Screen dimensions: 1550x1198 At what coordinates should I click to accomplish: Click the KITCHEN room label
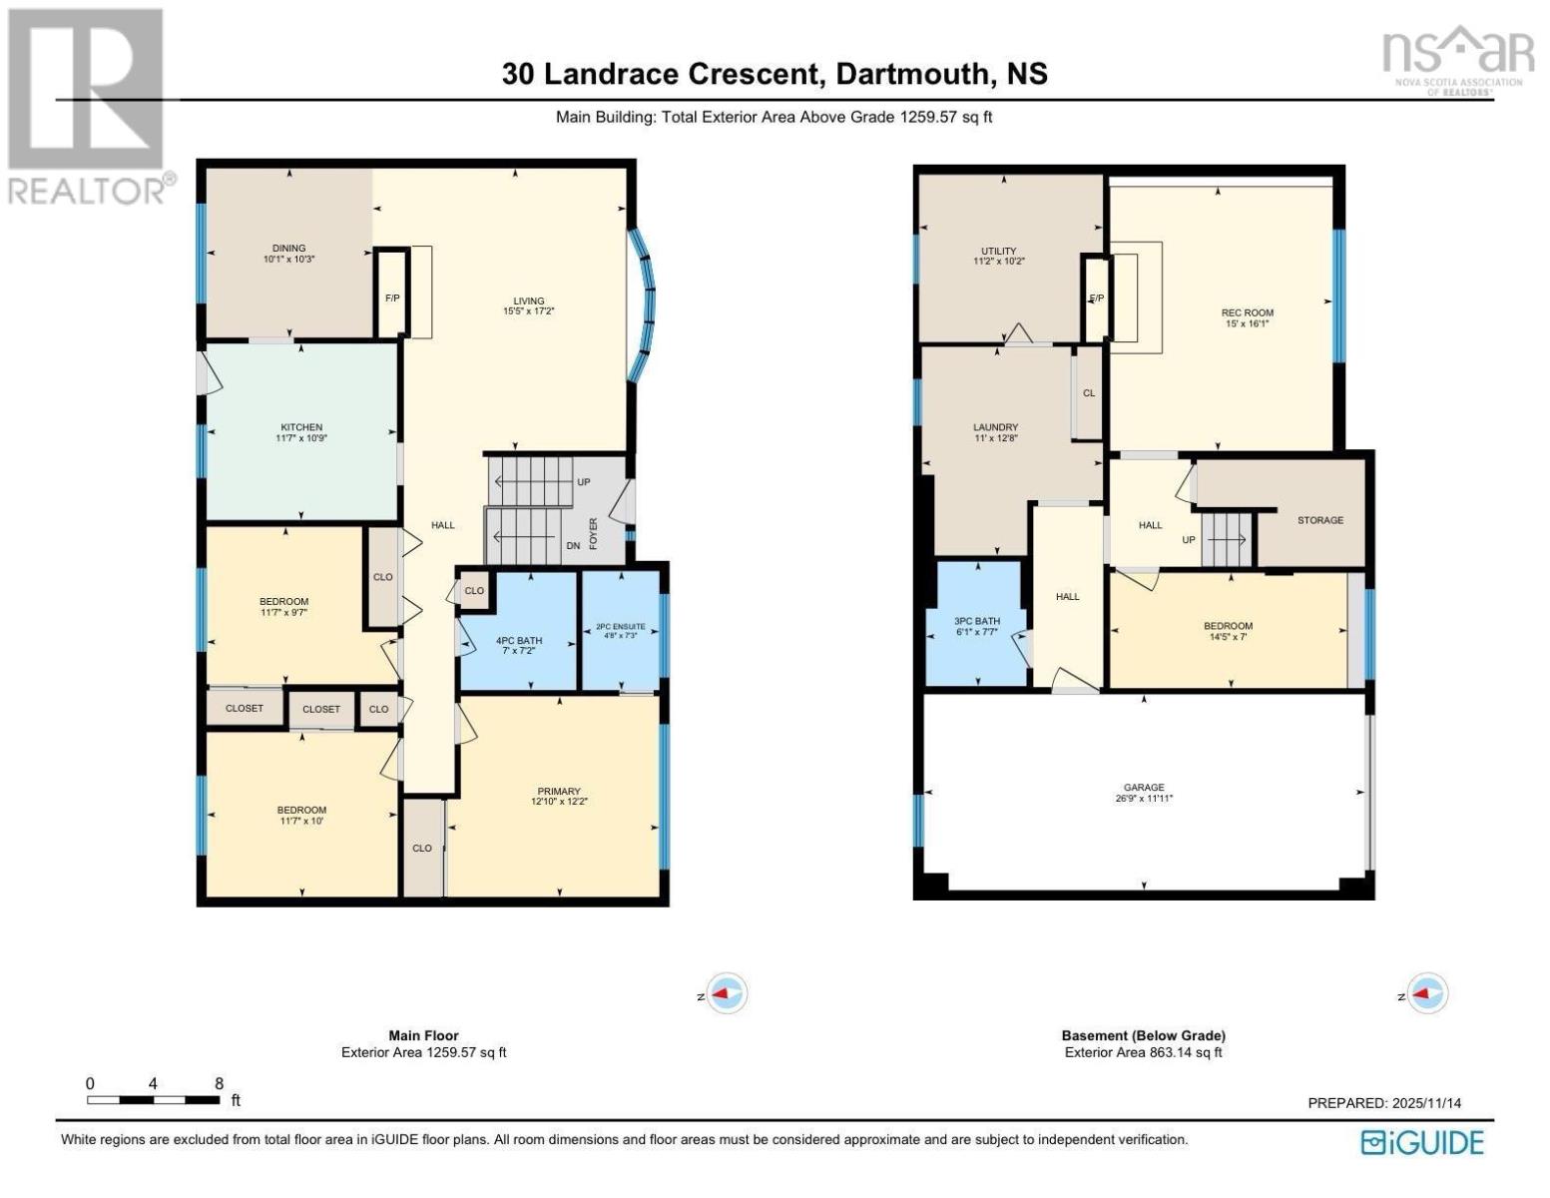click(x=301, y=426)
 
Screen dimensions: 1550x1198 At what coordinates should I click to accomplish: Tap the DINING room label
click(x=288, y=248)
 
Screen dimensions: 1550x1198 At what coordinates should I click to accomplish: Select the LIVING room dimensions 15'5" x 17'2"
click(x=528, y=311)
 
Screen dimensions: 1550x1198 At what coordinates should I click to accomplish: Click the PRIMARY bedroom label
click(x=559, y=791)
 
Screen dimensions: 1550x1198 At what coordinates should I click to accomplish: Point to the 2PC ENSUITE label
click(x=621, y=627)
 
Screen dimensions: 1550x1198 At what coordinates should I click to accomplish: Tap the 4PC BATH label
click(x=519, y=640)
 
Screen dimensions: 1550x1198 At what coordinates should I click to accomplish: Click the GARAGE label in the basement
click(x=1144, y=787)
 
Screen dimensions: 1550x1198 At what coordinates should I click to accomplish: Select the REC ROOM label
click(x=1247, y=312)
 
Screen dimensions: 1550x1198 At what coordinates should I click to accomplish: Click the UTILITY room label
click(x=998, y=251)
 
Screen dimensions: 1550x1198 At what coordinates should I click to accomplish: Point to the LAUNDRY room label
click(x=995, y=426)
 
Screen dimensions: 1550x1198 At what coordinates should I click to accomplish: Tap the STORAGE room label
click(x=1319, y=520)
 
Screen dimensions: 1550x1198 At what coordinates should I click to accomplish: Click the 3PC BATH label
click(x=976, y=621)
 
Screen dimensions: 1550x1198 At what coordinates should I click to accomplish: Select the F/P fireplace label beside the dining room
click(x=391, y=298)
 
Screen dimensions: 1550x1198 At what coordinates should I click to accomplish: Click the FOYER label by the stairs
click(x=594, y=533)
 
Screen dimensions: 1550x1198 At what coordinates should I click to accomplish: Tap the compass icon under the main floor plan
click(x=727, y=992)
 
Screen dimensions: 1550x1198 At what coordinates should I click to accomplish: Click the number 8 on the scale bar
click(x=219, y=1083)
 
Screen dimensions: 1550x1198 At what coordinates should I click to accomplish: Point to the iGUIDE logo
click(x=1422, y=1142)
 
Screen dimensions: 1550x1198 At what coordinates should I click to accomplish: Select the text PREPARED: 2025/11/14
click(x=1383, y=1103)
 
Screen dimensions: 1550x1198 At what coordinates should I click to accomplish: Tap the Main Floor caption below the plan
click(x=423, y=1034)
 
